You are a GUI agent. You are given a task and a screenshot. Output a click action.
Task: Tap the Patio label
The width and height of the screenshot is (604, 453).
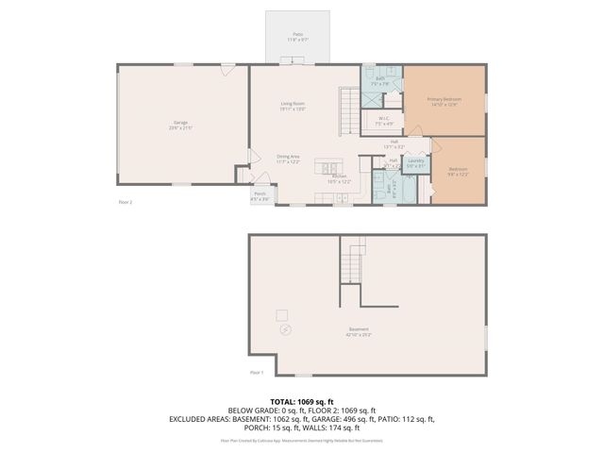pos(297,36)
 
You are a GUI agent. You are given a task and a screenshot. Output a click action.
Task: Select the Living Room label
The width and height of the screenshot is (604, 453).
pos(293,105)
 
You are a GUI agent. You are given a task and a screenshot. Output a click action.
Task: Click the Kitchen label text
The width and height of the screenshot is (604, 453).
pos(340,178)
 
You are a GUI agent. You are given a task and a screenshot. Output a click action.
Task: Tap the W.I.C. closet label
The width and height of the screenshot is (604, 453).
pos(384,121)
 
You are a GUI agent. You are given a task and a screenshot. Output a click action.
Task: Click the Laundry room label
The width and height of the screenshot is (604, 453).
pos(415,162)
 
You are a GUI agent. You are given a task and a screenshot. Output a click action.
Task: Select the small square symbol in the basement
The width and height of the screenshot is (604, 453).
pos(281,313)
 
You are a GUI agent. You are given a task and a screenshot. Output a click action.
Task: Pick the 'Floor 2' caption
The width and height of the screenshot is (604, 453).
pos(125,202)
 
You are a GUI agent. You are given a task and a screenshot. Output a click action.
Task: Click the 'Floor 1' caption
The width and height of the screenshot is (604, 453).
pos(257,373)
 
